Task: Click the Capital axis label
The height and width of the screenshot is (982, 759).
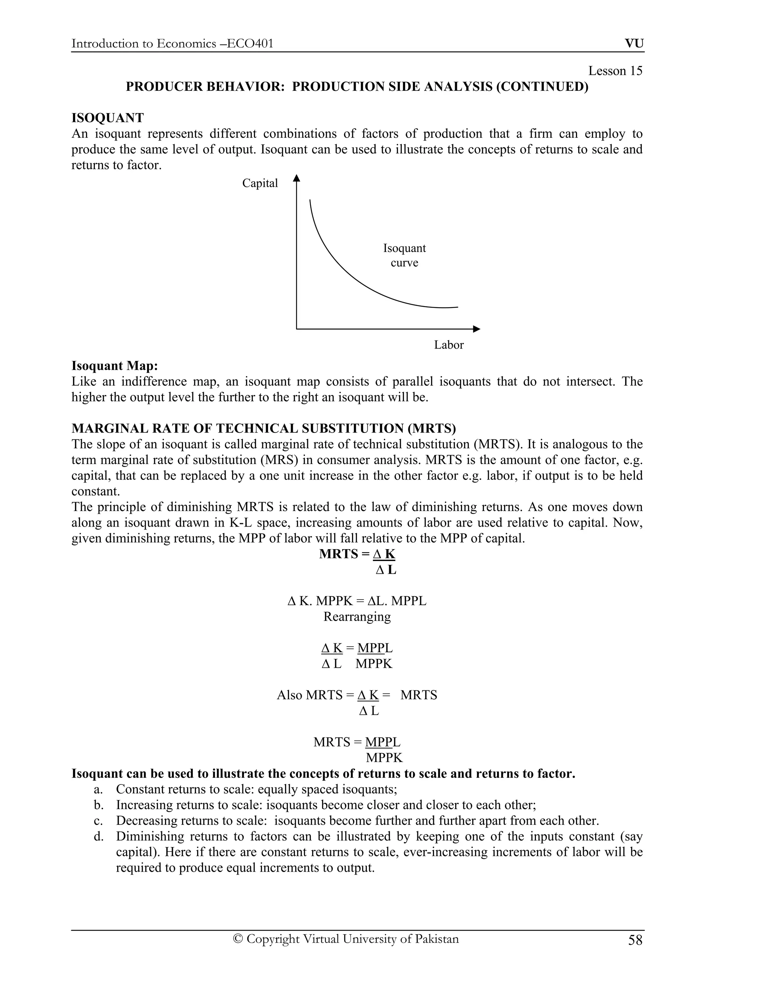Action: click(260, 183)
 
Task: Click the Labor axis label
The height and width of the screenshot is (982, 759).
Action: click(448, 345)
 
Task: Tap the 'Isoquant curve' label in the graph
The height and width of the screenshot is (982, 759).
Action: click(404, 255)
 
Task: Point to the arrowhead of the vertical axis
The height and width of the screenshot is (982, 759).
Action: click(296, 179)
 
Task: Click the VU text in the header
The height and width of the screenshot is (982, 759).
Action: click(634, 44)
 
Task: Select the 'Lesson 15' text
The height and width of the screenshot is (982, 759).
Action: click(615, 71)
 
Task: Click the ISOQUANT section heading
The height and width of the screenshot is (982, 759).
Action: click(107, 118)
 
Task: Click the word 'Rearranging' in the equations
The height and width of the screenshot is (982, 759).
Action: click(357, 617)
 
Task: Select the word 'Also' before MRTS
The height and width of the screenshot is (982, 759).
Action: click(289, 695)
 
